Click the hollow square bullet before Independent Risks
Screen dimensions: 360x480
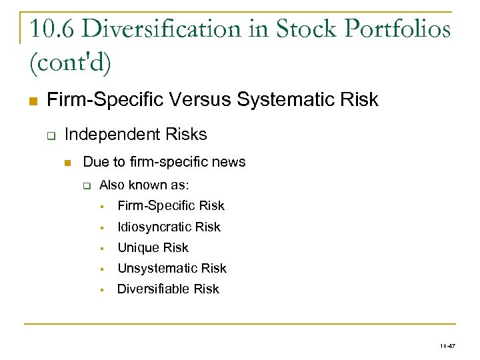[x=50, y=135]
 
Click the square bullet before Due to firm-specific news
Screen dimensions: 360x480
[x=67, y=163]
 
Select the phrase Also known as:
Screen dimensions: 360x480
[x=139, y=185]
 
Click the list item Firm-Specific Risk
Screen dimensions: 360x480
[x=171, y=206]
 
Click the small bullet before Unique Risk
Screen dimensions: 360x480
[x=104, y=249]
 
